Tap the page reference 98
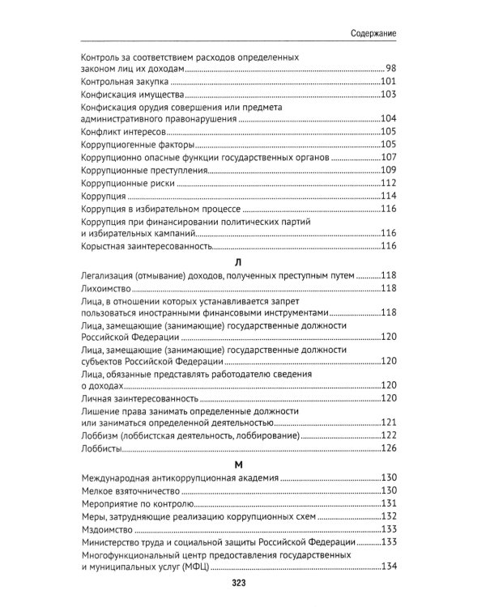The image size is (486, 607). click(390, 69)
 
